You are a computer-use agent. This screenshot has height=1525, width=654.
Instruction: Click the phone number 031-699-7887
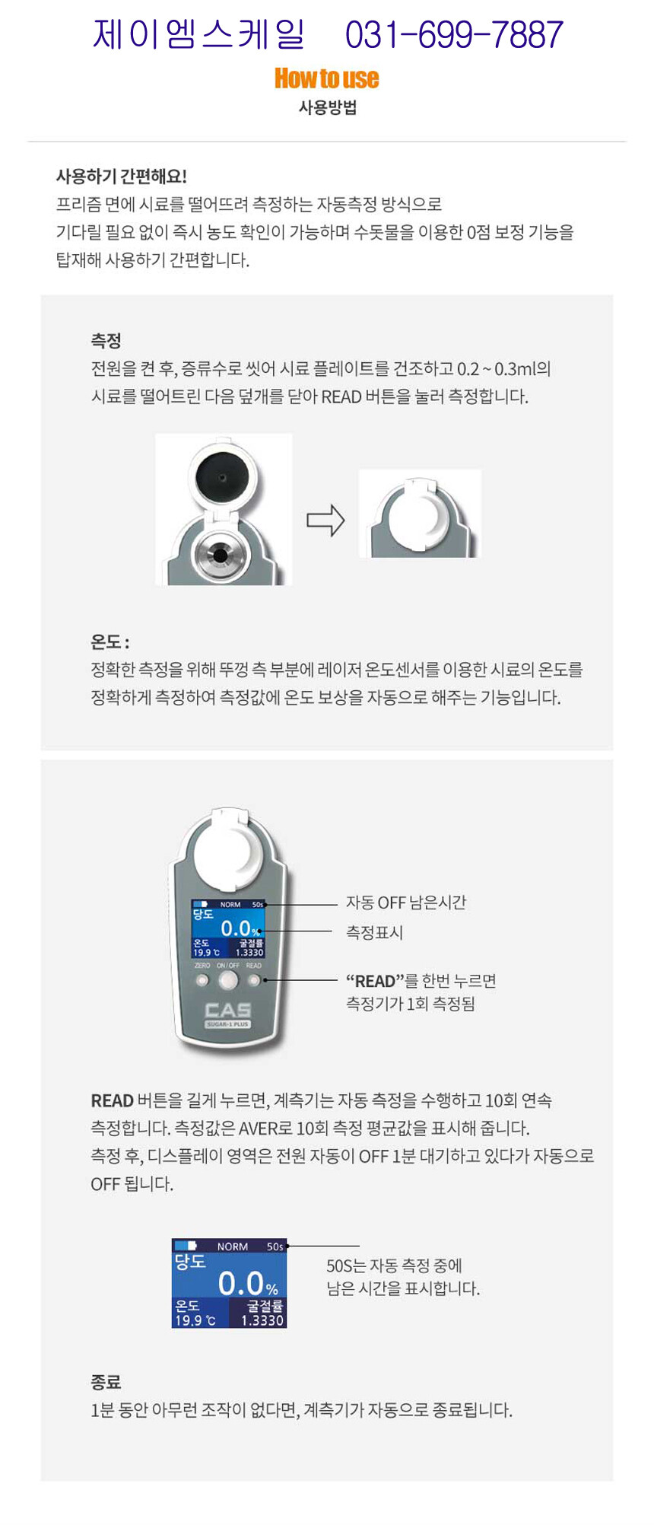click(454, 35)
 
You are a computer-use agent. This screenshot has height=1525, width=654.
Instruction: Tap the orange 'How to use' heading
click(326, 78)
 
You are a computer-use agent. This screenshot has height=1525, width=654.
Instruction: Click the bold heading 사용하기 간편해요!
click(122, 177)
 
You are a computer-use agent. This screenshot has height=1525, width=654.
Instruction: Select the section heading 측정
click(106, 340)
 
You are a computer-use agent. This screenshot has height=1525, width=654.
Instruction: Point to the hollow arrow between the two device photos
click(325, 521)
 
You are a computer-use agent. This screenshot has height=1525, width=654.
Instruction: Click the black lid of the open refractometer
click(221, 478)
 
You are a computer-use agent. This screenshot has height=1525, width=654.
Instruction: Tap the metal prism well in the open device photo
click(220, 555)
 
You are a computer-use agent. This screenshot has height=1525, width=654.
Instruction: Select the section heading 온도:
click(110, 642)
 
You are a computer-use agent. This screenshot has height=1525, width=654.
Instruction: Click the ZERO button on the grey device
click(202, 980)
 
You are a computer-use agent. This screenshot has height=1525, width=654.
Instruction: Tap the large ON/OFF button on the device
click(228, 980)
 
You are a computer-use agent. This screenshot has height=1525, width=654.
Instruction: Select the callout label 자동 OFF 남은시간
click(406, 903)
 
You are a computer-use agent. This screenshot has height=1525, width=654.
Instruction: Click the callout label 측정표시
click(374, 932)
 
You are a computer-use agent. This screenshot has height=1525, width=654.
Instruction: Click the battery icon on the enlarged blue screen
click(186, 1246)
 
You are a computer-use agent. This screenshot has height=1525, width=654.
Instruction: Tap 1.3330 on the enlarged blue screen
click(262, 1320)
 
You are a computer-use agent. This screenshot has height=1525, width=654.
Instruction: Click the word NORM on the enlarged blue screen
click(233, 1246)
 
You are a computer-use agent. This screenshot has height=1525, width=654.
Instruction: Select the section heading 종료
click(106, 1382)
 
